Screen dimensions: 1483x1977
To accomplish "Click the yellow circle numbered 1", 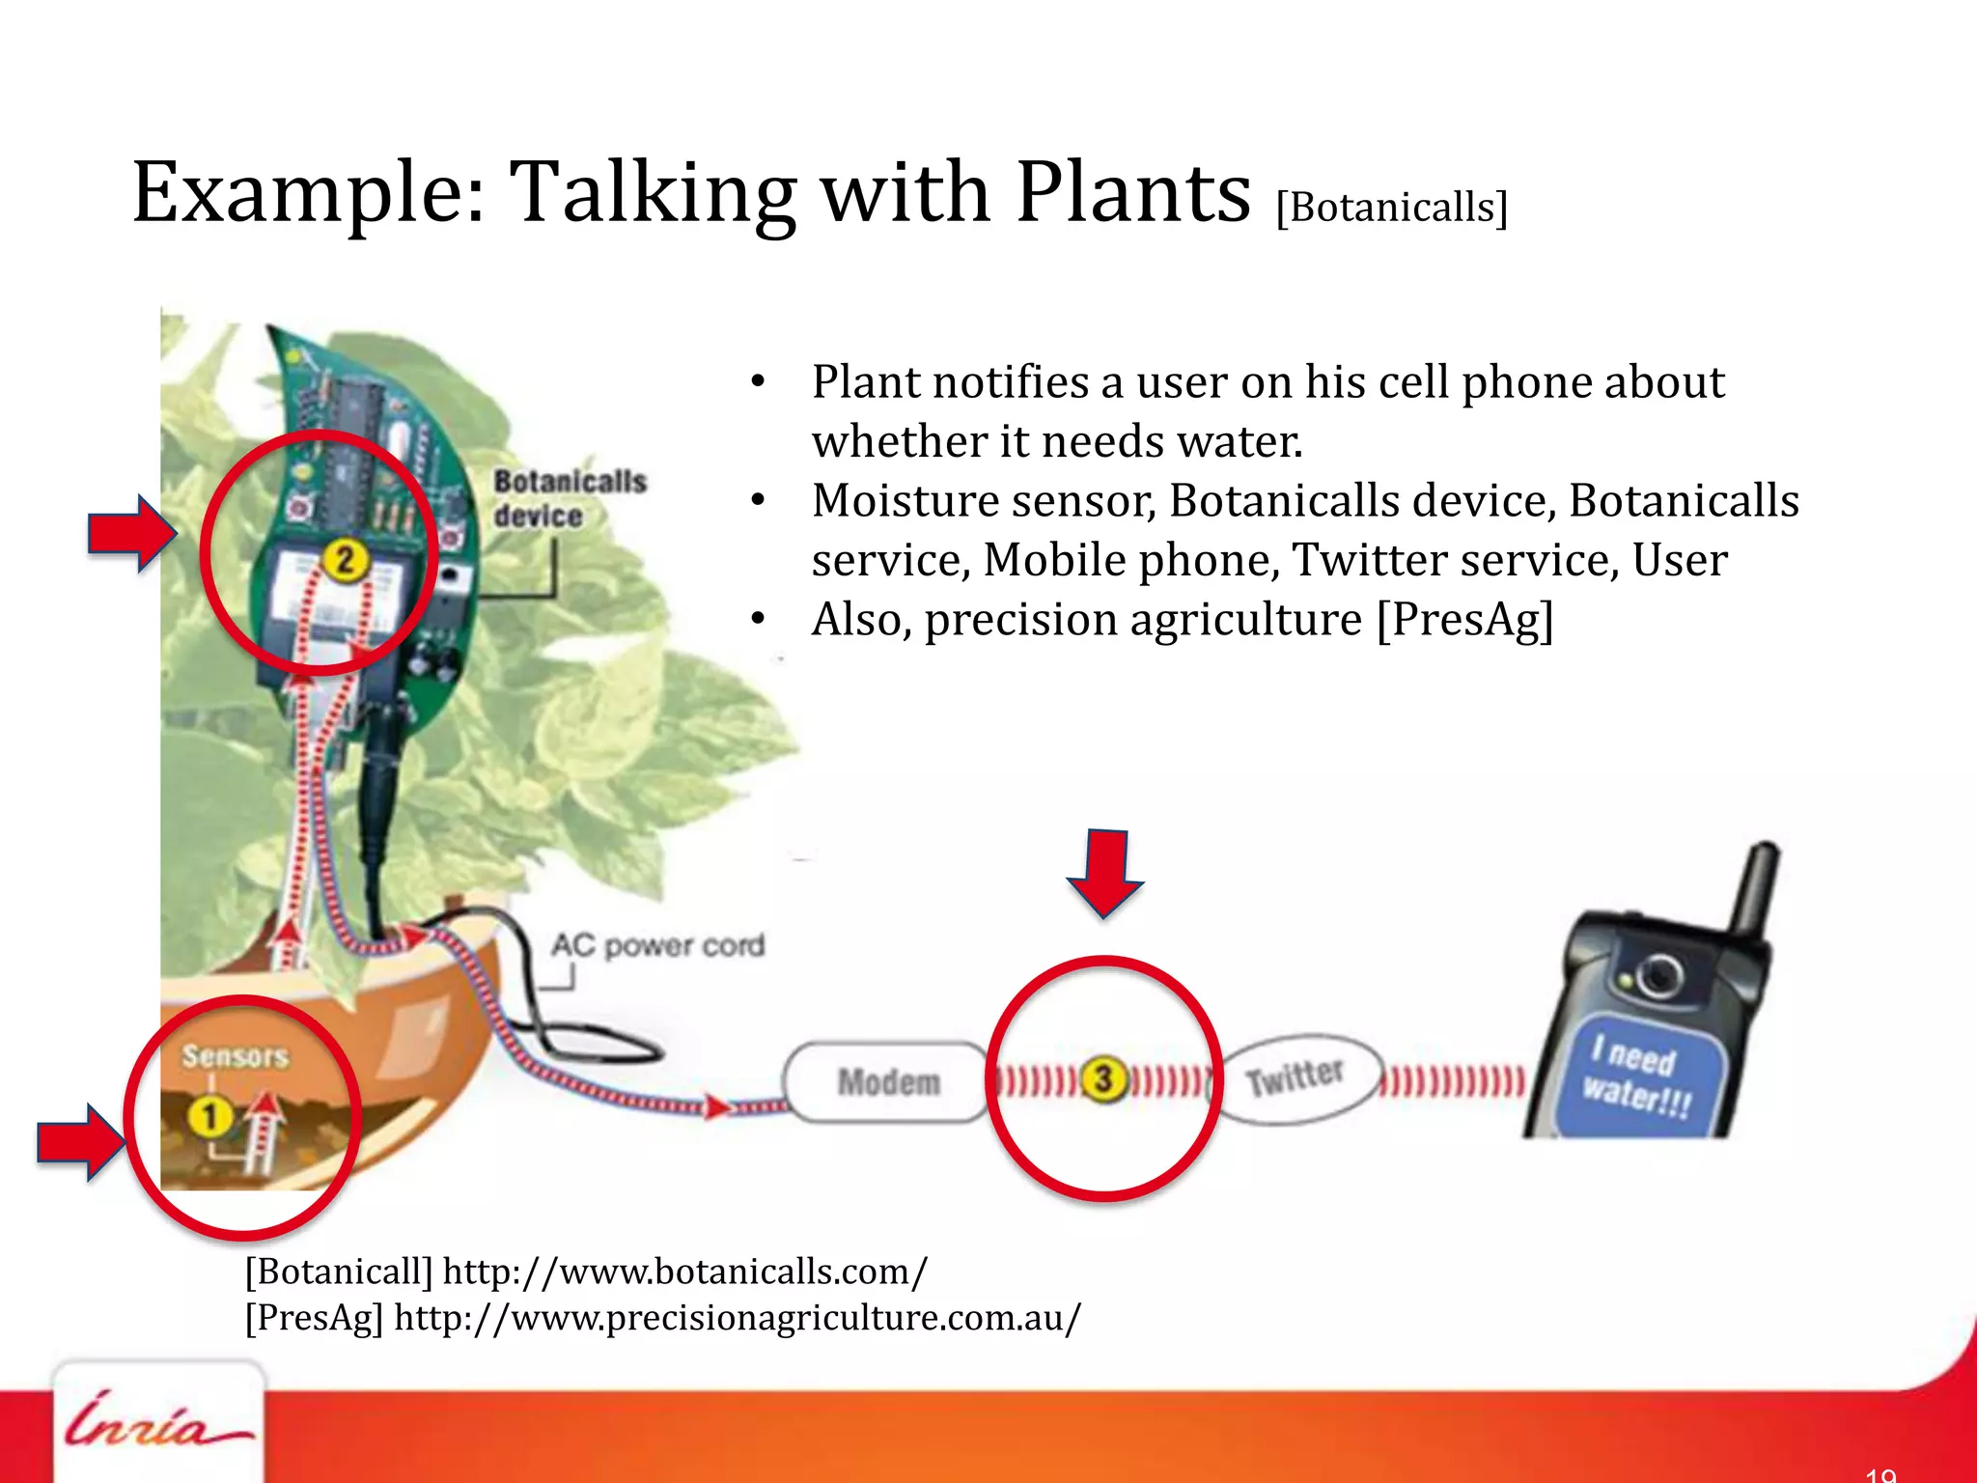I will (x=209, y=1117).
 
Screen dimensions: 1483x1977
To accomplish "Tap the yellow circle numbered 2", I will (x=345, y=560).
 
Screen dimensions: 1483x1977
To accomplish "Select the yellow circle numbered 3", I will (x=1103, y=1079).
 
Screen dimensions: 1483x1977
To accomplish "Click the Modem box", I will (x=888, y=1082).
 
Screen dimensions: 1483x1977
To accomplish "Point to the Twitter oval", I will (x=1295, y=1077).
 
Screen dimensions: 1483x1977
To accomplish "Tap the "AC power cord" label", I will (x=658, y=945).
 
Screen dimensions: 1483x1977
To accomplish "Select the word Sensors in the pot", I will (x=235, y=1056).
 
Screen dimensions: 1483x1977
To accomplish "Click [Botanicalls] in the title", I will (x=1391, y=207).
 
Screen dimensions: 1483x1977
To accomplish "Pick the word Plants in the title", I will (x=1133, y=192).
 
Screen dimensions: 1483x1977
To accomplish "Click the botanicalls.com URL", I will (x=684, y=1272).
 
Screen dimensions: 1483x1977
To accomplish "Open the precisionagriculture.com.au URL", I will (x=738, y=1317).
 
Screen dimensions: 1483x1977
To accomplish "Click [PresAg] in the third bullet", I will (x=1464, y=620).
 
